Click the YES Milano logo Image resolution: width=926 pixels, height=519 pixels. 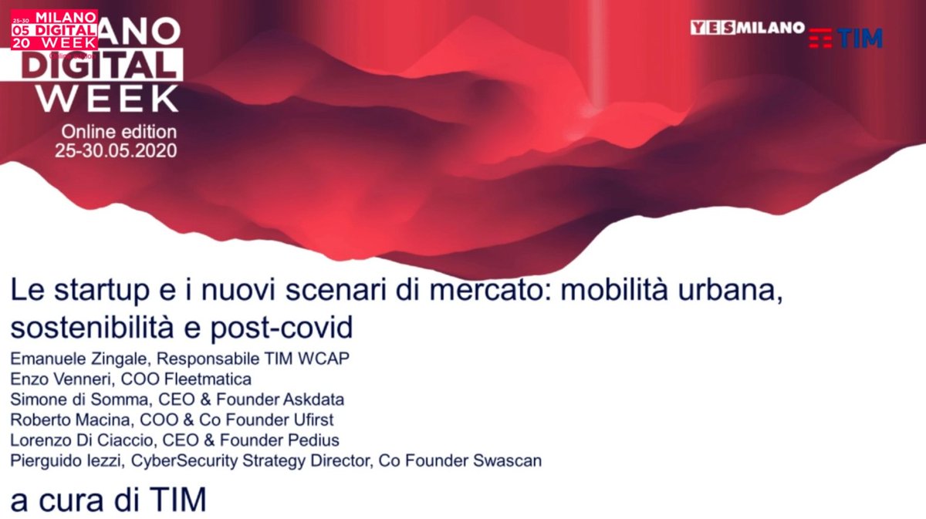747,28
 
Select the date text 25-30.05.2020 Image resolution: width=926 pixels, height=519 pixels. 115,150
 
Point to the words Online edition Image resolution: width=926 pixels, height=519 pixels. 119,132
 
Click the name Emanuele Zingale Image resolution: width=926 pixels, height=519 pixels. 66,359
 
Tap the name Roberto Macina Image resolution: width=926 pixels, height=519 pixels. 61,420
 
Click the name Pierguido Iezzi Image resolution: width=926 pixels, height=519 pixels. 67,461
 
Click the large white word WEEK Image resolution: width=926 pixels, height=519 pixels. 108,99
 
